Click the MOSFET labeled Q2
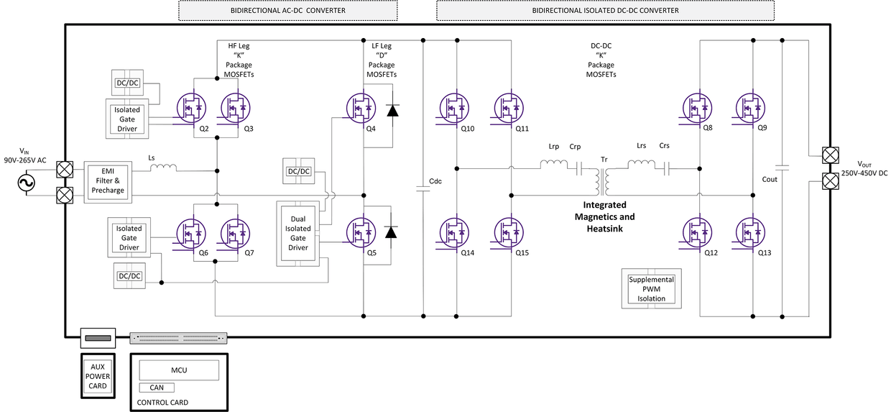click(190, 108)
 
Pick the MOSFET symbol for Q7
click(234, 232)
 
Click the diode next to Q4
click(392, 110)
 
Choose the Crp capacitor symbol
click(576, 168)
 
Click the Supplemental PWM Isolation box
click(652, 289)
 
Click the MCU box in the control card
click(178, 370)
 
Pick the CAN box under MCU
click(157, 388)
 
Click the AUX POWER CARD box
click(98, 376)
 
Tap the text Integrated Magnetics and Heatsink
click(604, 216)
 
